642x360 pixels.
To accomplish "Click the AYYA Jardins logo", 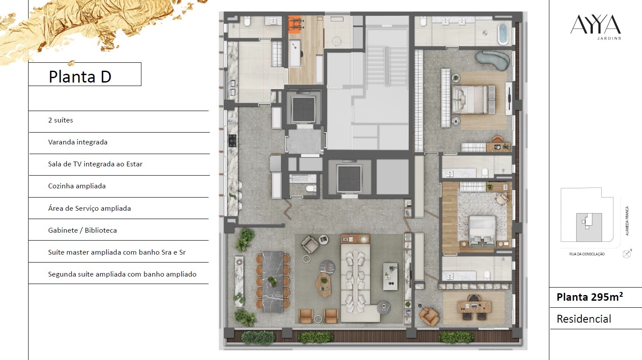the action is [595, 27].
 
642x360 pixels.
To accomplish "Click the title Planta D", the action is [80, 76].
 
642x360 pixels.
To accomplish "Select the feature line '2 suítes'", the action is [61, 120].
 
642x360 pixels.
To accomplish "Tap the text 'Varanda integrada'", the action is [78, 142].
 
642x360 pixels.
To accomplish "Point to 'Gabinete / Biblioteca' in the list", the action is [83, 230].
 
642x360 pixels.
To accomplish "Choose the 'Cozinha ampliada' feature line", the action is [77, 186].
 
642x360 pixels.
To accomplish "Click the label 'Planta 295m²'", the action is [590, 297].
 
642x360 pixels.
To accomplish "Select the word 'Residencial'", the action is [584, 319].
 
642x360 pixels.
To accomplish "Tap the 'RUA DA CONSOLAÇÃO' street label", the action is [587, 254].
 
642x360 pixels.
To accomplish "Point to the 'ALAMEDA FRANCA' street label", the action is [627, 221].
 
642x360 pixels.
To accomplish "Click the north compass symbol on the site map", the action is [627, 254].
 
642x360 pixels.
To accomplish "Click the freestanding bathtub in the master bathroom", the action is [503, 33].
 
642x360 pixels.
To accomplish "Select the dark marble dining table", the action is [273, 282].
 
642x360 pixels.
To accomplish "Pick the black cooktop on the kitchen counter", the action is [232, 141].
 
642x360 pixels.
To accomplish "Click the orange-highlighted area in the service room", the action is [294, 25].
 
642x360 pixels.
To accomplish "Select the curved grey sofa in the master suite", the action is [492, 60].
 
